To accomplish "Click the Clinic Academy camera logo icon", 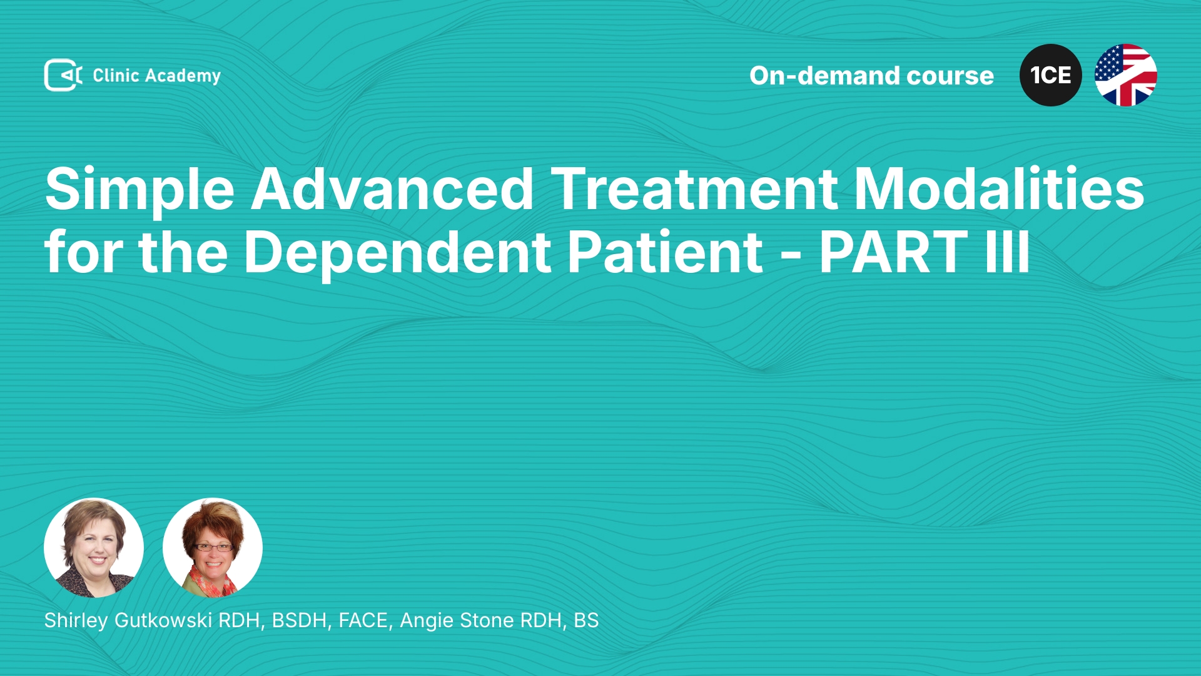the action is pyautogui.click(x=63, y=75).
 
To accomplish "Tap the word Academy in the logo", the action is pyautogui.click(x=183, y=76).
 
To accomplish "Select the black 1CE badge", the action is pyautogui.click(x=1051, y=75).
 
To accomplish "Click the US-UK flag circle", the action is pyautogui.click(x=1126, y=75).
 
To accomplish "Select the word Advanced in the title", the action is pyautogui.click(x=392, y=189).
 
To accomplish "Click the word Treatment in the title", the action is pyautogui.click(x=694, y=189).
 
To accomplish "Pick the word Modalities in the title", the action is pyautogui.click(x=999, y=189).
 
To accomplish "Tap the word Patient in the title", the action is pyautogui.click(x=665, y=252).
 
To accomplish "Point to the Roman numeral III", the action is pyautogui.click(x=1007, y=252).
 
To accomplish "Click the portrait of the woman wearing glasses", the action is pyautogui.click(x=213, y=548).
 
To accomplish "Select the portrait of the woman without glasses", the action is pyautogui.click(x=94, y=548).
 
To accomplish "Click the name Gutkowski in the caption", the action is pyautogui.click(x=163, y=620).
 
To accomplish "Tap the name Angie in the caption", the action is pyautogui.click(x=426, y=621).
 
